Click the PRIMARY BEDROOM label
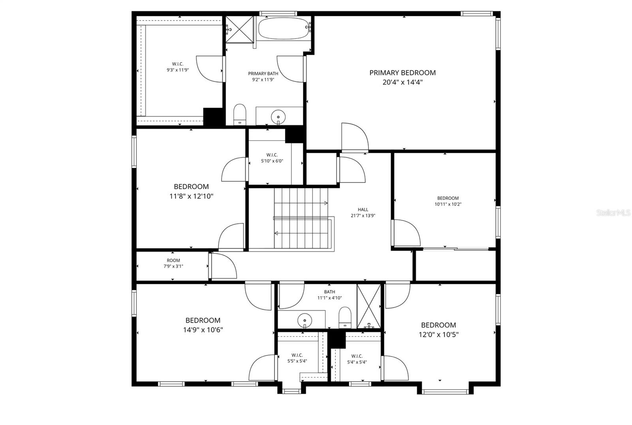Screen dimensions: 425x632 click(403, 73)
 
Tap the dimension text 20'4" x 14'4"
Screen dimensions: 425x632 click(403, 83)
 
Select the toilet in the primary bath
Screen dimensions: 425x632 click(240, 114)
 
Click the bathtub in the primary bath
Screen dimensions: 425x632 click(283, 28)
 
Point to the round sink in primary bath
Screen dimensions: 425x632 click(278, 117)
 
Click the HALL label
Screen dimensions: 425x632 click(363, 210)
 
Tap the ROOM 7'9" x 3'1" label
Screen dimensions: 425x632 click(173, 263)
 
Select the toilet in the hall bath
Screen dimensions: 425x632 click(345, 317)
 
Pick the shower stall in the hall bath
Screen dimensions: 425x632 click(368, 306)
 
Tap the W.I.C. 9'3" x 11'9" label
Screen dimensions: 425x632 click(177, 67)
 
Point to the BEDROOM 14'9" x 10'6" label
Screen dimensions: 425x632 click(203, 325)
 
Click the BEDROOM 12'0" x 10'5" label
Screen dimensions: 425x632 click(438, 330)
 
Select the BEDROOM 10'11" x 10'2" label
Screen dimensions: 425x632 click(448, 201)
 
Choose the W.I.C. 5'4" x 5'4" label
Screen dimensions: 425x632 click(357, 359)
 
